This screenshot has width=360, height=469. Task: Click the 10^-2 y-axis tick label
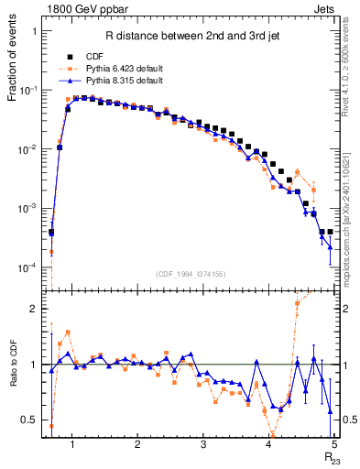click(27, 149)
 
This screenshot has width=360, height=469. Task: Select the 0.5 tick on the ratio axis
click(29, 420)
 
